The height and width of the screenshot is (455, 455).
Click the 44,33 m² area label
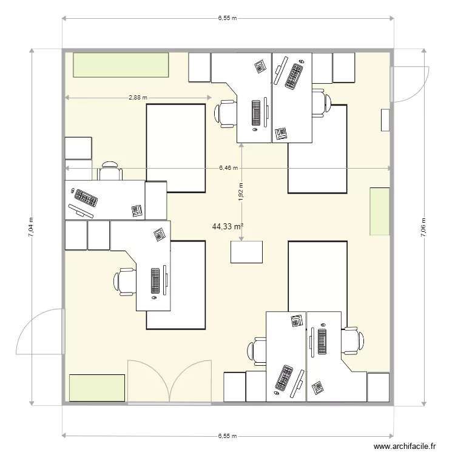pyautogui.click(x=227, y=227)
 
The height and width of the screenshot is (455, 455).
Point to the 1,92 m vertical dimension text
pyautogui.click(x=241, y=192)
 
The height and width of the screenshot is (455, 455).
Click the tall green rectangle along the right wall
pyautogui.click(x=380, y=211)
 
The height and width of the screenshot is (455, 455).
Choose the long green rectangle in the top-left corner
pyautogui.click(x=121, y=65)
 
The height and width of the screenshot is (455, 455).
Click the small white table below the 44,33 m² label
pyautogui.click(x=246, y=252)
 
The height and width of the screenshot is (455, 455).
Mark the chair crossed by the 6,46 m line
pyautogui.click(x=110, y=170)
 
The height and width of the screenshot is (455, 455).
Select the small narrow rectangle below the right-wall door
pyautogui.click(x=385, y=120)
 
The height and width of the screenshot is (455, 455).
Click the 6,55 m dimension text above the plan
pyautogui.click(x=227, y=19)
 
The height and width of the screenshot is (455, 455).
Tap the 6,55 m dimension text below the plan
pyautogui.click(x=227, y=436)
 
